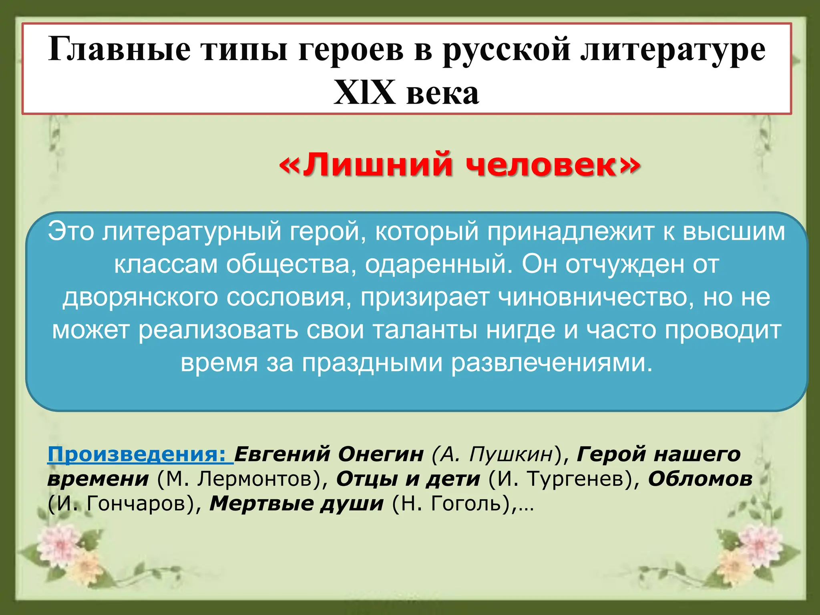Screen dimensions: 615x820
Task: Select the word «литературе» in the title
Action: pyautogui.click(x=673, y=50)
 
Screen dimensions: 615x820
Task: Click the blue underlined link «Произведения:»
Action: pyautogui.click(x=140, y=454)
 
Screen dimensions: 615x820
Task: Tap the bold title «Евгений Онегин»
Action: pyautogui.click(x=329, y=454)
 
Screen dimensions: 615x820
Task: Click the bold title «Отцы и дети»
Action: pyautogui.click(x=408, y=479)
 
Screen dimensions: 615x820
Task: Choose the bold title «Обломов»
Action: pyautogui.click(x=700, y=479)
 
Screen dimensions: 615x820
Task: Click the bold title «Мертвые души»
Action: pyautogui.click(x=297, y=504)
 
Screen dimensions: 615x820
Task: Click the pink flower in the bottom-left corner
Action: pyautogui.click(x=60, y=545)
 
